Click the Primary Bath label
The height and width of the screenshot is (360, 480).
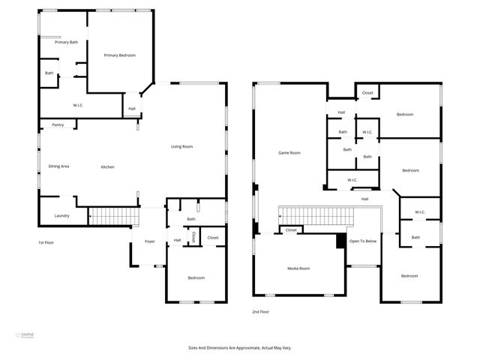66,42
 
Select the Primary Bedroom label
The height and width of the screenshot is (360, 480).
119,55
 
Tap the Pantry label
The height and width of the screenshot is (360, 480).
58,124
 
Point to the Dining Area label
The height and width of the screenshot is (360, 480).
58,166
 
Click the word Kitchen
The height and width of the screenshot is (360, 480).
107,166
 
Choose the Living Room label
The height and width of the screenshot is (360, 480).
181,146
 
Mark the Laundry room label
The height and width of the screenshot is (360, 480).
61,216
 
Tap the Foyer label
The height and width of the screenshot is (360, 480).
149,241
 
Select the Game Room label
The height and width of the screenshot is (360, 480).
289,153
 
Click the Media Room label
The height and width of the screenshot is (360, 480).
298,268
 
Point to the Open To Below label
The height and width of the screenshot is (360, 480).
363,241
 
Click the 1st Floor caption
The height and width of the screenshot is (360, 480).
46,242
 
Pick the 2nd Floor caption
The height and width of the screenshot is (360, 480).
260,311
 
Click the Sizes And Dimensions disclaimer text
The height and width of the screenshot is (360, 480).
240,348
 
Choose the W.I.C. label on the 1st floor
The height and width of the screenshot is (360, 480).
78,105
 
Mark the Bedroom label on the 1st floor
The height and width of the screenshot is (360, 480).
196,277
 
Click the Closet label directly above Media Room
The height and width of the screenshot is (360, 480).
291,230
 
